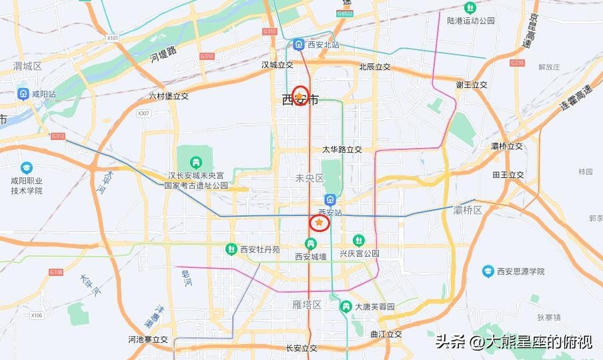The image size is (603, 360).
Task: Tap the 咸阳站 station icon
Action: point(23,94)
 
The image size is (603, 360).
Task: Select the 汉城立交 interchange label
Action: point(277,65)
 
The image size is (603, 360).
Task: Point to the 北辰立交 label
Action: point(374,67)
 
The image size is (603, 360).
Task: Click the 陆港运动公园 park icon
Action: point(470,8)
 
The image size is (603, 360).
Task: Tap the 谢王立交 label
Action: point(472,85)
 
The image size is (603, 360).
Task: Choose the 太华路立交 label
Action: point(342,150)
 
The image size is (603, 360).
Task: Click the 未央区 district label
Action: point(310,178)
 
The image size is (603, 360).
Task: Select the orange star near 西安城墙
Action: point(320,222)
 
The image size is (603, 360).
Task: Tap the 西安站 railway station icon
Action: point(330,200)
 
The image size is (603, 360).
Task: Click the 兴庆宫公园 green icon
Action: point(359,240)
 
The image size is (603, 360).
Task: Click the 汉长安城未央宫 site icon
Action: point(196,161)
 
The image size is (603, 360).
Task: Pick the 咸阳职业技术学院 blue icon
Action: point(27,167)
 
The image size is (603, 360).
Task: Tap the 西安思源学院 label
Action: point(520,271)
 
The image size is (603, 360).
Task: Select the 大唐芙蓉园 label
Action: point(374,307)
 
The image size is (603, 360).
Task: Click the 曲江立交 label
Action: point(386,334)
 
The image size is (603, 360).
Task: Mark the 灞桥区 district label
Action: point(467,211)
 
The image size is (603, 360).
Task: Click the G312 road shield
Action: point(58,136)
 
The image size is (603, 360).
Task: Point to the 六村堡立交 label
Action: point(169,96)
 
